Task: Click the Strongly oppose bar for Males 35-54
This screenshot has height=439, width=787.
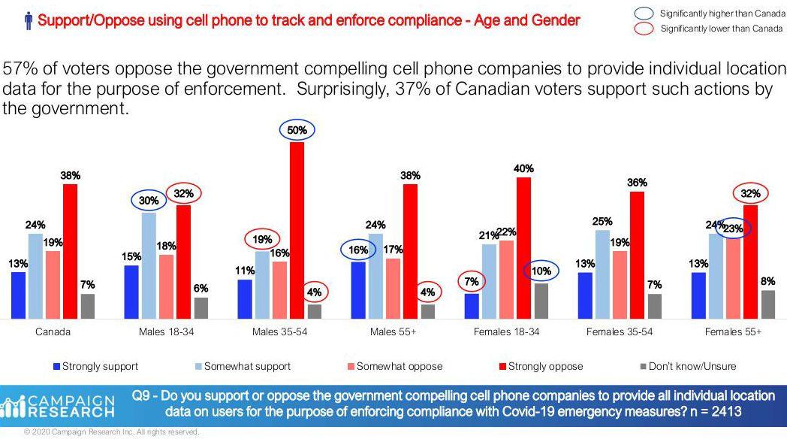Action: coord(297,230)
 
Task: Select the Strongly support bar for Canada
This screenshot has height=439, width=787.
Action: coord(18,295)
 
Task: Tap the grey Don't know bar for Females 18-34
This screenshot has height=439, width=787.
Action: coord(541,301)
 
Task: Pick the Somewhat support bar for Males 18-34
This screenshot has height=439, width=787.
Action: coord(149,265)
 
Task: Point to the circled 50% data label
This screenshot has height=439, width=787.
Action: coord(297,130)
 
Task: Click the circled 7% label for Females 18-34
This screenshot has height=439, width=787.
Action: coord(472,281)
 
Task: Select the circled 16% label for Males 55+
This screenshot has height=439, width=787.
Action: coord(359,250)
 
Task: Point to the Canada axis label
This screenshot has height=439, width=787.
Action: coord(53,332)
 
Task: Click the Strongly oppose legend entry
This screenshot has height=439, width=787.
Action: coord(540,366)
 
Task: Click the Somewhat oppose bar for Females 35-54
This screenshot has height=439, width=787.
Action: coord(620,284)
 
